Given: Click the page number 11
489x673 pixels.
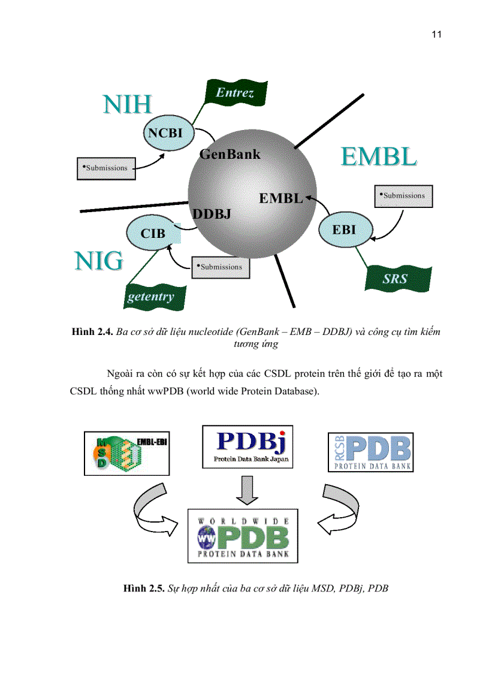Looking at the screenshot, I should pos(436,34).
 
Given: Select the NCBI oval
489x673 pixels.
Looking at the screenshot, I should pos(165,132).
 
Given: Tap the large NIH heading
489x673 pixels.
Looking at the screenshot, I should pos(126,105).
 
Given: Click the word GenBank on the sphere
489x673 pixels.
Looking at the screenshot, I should pos(230,155).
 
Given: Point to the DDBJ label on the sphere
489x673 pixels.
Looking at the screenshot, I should pos(212,213).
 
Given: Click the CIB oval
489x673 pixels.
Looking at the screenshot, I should pos(153,233).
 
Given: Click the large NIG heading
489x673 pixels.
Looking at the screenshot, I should pos(99,261).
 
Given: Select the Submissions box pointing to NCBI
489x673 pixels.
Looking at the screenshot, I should pos(106,168).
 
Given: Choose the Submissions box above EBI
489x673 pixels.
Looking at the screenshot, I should pos(403,195).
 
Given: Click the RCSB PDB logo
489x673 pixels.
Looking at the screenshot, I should pos(370,452).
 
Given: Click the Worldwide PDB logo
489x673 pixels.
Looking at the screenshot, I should pos(243,535).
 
